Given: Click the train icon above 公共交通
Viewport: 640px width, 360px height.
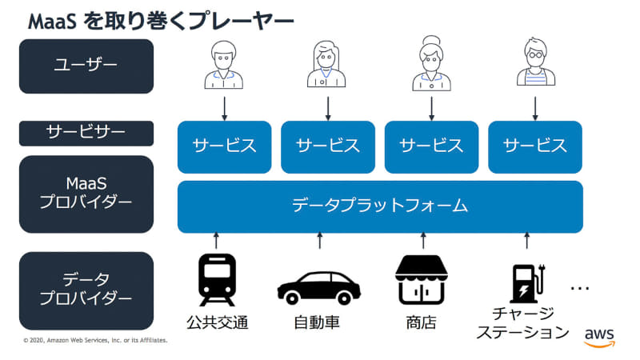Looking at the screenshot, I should [217, 280].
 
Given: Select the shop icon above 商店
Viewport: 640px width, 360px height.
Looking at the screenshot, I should [422, 280].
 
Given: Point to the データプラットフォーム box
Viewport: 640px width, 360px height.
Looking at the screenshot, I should [380, 206].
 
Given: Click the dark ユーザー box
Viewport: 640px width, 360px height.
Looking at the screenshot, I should [86, 66].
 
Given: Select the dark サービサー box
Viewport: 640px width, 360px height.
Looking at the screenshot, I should [86, 133].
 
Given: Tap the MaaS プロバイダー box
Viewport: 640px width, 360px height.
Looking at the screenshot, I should [86, 193].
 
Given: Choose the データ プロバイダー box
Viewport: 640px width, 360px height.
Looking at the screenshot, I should [86, 290].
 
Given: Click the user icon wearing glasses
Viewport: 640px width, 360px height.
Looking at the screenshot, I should [534, 64].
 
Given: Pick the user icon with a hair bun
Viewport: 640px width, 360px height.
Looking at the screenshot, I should [431, 65].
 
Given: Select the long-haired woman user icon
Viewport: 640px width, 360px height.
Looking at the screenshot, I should [327, 64].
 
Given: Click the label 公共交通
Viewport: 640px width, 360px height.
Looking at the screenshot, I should [217, 323].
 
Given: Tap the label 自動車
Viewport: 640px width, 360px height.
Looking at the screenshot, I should [319, 323].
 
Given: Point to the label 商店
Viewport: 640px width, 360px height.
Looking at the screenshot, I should [422, 323].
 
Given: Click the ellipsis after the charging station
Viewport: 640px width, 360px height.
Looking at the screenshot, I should [581, 287].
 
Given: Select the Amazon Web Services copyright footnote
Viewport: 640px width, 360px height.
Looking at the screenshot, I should [96, 340].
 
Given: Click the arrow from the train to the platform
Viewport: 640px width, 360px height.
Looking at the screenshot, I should [217, 239].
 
